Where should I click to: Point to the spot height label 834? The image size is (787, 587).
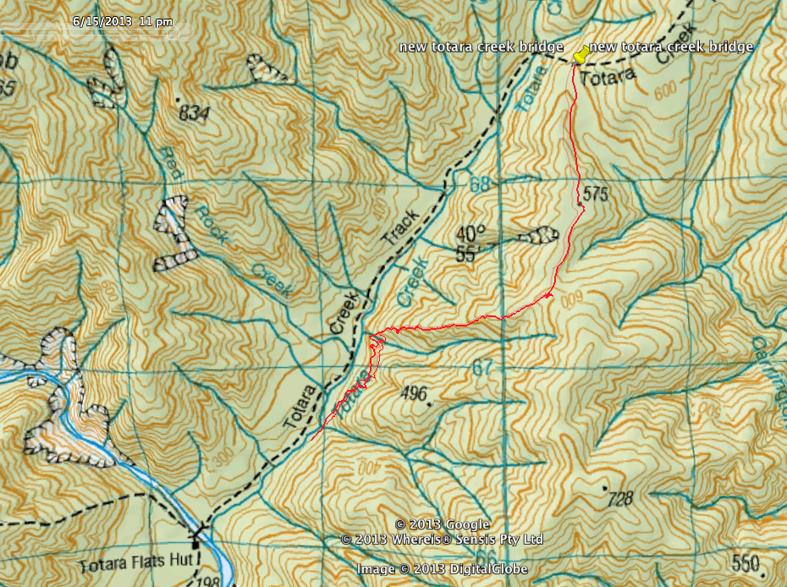pos(195,115)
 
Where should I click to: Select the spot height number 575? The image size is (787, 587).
pos(596,194)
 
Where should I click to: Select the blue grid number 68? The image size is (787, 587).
pos(481,184)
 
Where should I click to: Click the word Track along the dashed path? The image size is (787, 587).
pos(400,230)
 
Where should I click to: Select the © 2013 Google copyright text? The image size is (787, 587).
pos(442,524)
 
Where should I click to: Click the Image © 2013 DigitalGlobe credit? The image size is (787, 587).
pos(442,569)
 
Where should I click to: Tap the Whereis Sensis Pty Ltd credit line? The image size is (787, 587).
pos(442,539)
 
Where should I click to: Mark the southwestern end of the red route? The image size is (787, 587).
pos(312,439)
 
